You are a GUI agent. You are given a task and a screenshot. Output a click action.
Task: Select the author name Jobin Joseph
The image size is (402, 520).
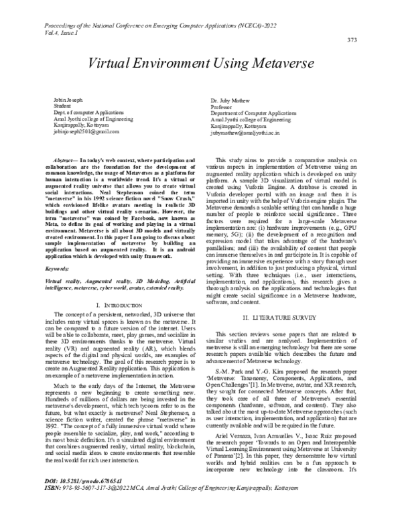point(68,100)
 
